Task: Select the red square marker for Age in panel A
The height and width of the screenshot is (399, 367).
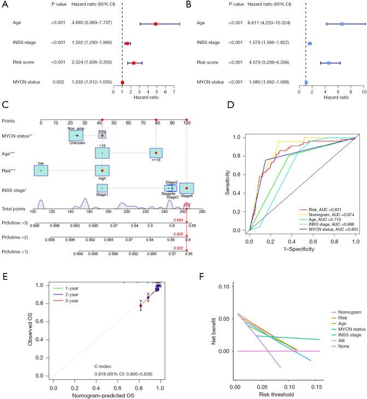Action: point(156,24)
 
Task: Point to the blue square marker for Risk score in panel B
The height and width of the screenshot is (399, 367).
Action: point(329,63)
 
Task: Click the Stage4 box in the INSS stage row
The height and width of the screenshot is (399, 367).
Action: point(187,188)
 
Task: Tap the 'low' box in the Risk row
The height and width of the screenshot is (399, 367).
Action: point(40,171)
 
